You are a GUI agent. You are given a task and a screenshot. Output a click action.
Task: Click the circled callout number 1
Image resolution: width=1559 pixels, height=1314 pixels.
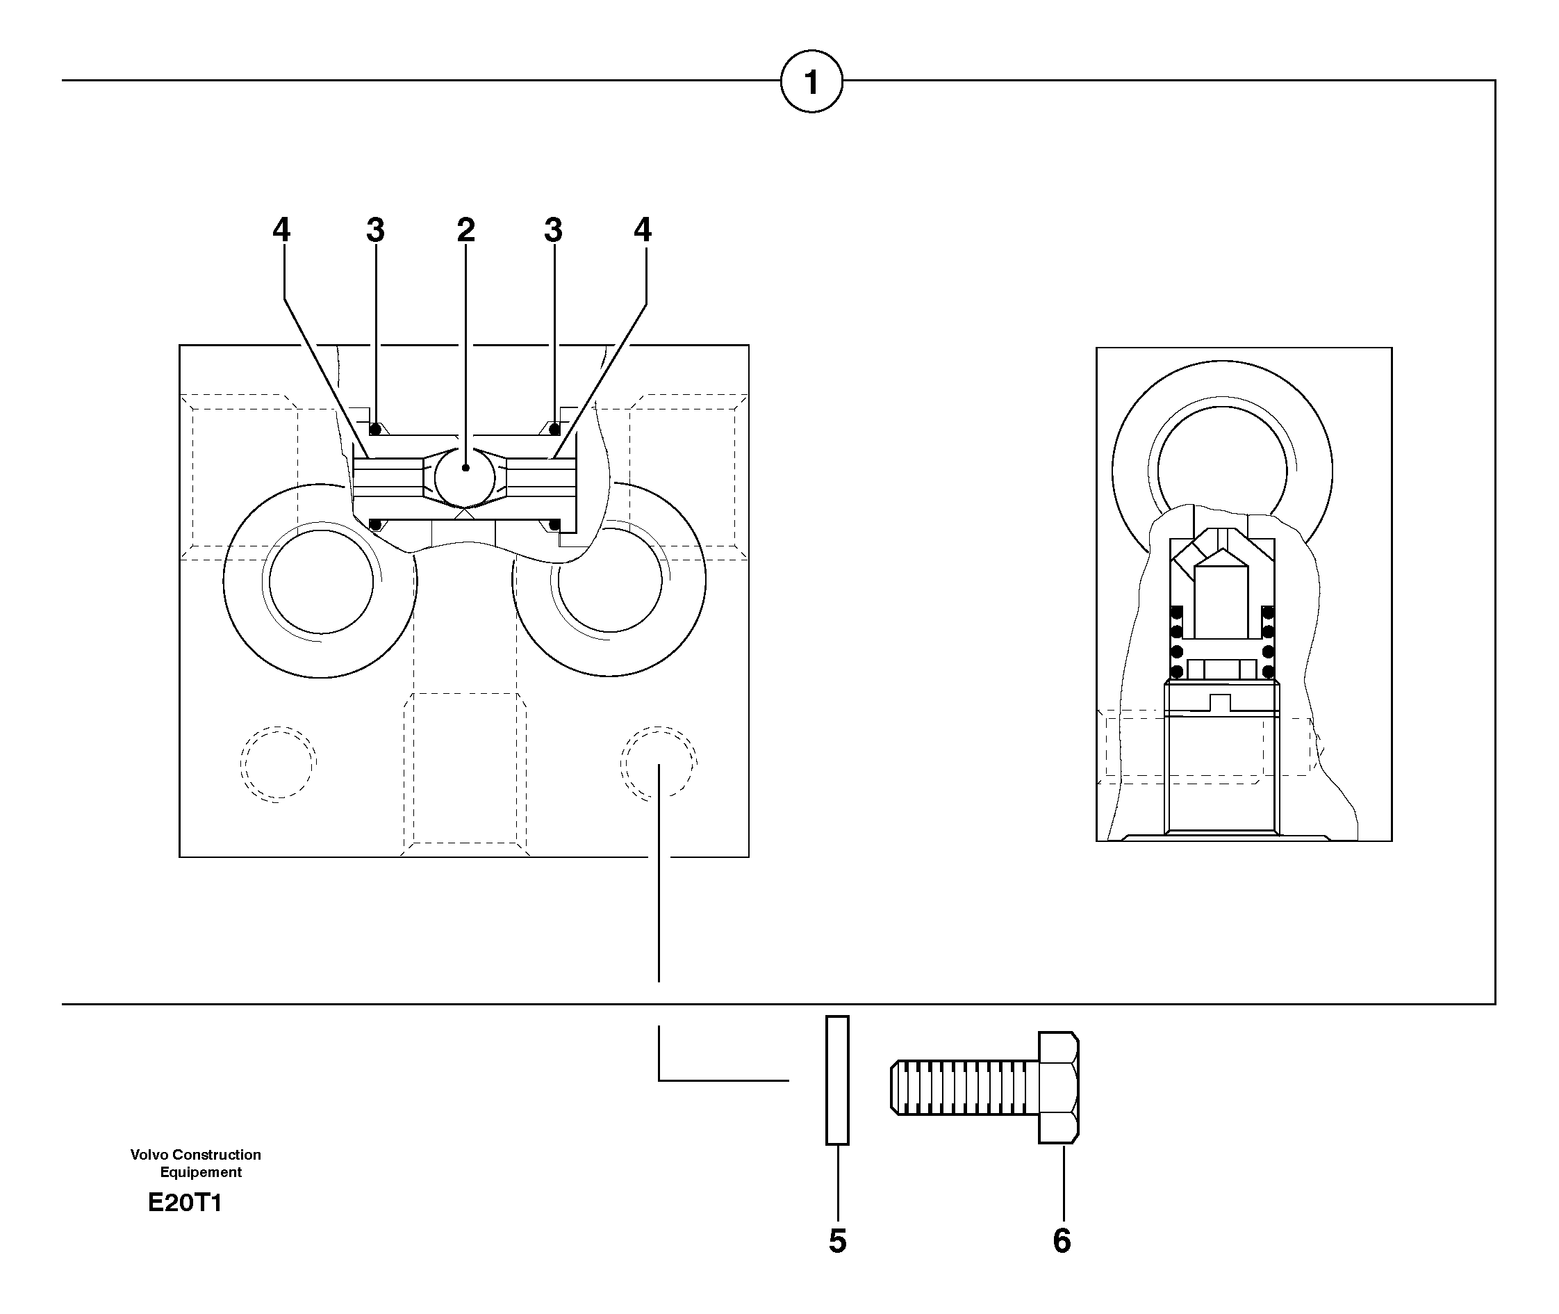[811, 81]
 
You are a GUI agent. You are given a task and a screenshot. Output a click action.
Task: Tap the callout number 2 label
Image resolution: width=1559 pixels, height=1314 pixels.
[466, 229]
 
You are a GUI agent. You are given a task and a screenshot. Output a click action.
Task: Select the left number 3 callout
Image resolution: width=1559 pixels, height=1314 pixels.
[375, 230]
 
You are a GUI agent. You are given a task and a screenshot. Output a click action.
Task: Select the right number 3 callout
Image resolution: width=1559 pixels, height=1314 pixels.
[552, 230]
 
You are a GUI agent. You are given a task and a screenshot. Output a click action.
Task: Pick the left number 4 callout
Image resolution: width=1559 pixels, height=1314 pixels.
[281, 229]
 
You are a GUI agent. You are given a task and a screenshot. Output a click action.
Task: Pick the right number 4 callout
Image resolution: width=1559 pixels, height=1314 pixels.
[643, 229]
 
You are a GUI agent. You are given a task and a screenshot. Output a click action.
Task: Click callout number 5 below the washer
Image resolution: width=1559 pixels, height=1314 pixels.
[838, 1241]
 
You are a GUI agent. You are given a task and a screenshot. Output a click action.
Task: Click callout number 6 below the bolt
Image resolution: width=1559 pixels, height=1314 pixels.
[1062, 1241]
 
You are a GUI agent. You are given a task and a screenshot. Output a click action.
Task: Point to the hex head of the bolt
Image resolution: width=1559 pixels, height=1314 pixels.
[1059, 1087]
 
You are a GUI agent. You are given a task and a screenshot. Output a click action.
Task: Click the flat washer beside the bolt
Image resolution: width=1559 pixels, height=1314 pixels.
[838, 1080]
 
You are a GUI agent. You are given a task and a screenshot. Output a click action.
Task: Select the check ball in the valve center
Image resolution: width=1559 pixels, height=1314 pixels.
[465, 477]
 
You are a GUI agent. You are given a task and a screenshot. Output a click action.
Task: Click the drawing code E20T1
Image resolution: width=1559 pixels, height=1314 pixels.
[185, 1203]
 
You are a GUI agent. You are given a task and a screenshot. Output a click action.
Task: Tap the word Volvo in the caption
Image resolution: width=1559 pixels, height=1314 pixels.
[149, 1155]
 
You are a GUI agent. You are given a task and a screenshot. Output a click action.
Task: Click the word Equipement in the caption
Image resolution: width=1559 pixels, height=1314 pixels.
[201, 1172]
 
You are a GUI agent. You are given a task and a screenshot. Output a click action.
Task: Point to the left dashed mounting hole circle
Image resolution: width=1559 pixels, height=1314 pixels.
[278, 763]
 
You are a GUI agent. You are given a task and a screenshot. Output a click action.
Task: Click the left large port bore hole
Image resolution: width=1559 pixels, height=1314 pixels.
[321, 582]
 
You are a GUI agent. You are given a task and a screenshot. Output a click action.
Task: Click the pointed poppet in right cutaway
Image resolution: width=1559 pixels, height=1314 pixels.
[1221, 596]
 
